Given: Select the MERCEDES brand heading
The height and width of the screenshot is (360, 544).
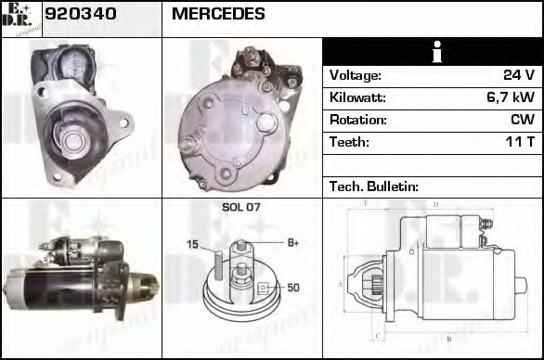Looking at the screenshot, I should coord(218,15).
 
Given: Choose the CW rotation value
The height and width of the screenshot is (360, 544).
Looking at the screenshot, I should coord(522,121).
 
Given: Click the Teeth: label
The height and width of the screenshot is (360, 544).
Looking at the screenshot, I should coord(349,143).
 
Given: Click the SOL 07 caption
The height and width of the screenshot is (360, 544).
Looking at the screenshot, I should coord(240,208).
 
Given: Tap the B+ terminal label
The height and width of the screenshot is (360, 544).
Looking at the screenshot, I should coord(292,243).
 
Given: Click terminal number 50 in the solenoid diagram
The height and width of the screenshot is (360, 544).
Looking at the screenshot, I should coord(293,289).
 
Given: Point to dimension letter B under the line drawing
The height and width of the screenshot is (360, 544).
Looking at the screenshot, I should coord(449,340).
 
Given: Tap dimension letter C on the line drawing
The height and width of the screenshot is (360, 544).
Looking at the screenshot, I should coord(375,336).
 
